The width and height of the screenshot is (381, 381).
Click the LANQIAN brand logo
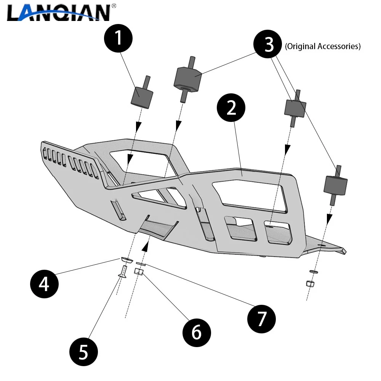pyautogui.click(x=58, y=12)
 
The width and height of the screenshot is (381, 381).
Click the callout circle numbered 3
pyautogui.click(x=269, y=45)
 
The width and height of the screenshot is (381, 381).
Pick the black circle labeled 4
pyautogui.click(x=44, y=284)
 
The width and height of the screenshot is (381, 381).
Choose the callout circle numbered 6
pyautogui.click(x=196, y=333)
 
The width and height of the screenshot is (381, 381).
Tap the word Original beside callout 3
pyautogui.click(x=300, y=46)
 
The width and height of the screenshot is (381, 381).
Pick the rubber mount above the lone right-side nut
pyautogui.click(x=335, y=185)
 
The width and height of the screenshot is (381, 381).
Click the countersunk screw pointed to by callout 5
pyautogui.click(x=122, y=271)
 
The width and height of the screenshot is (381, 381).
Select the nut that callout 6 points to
pyautogui.click(x=139, y=272)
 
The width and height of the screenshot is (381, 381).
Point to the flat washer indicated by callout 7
pyautogui.click(x=141, y=263)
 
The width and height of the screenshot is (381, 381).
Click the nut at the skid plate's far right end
pyautogui.click(x=310, y=284)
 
